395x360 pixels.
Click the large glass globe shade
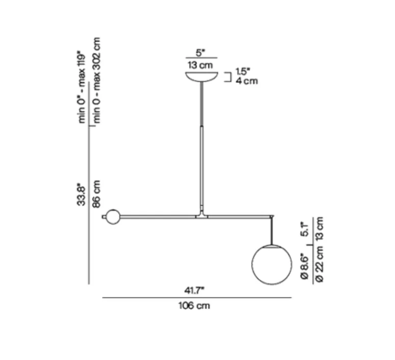[271, 264]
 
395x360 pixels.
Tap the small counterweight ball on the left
[112, 217]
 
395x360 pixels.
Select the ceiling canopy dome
[203, 76]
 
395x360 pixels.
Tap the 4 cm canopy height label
[246, 81]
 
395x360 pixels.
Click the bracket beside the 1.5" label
[229, 77]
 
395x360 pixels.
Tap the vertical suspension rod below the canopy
[203, 148]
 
